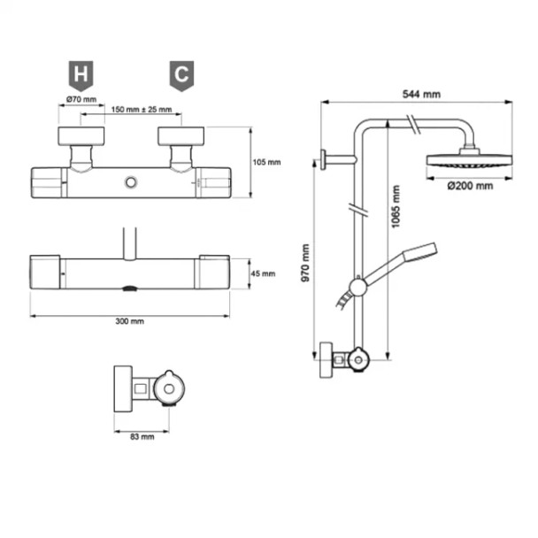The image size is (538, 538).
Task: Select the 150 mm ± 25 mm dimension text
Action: click(141, 110)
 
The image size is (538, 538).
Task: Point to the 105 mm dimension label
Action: click(266, 162)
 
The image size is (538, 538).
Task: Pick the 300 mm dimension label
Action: click(130, 321)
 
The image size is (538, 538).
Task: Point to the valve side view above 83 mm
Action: click(146, 388)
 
